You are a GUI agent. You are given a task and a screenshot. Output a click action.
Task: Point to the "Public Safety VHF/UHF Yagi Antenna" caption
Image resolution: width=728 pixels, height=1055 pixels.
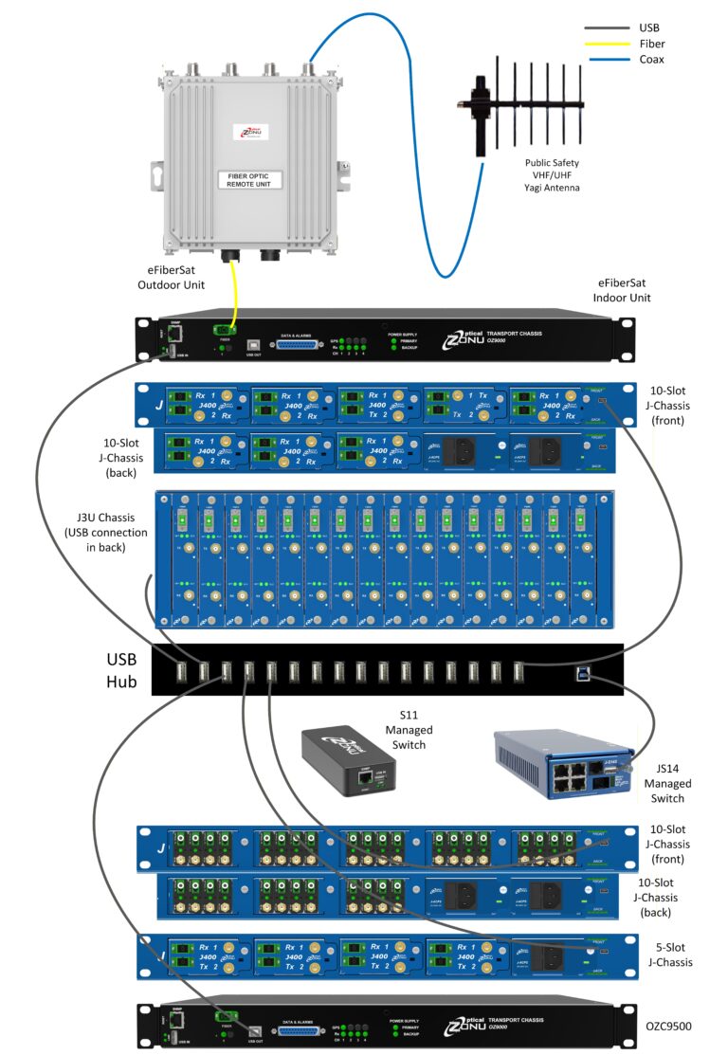[x=553, y=175]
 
